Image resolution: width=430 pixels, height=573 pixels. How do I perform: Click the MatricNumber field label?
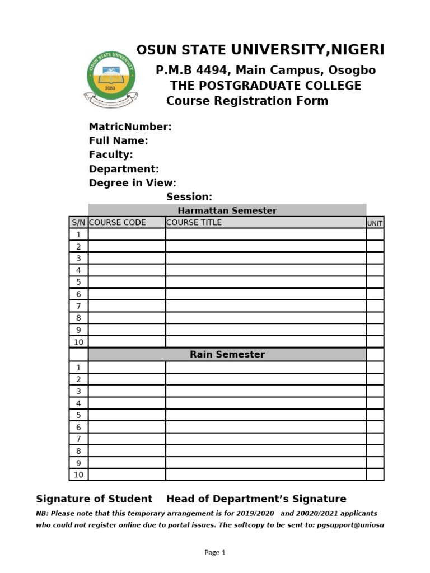pos(130,127)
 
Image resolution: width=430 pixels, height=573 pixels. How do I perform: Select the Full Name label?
pos(118,141)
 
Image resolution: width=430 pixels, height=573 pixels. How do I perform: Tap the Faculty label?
pos(111,154)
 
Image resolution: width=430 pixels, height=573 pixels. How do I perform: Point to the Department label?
pos(124,169)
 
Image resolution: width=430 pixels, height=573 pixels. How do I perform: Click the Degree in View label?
pos(132,183)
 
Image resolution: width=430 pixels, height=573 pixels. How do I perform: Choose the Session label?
pos(189,197)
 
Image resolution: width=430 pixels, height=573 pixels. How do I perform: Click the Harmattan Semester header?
pos(227,210)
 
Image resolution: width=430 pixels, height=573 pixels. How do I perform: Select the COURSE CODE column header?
pos(118,222)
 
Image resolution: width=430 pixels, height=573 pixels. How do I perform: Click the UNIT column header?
pos(375,223)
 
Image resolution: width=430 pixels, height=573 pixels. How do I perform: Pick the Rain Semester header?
pos(227,354)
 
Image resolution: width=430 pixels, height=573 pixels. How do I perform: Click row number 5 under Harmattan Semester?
pos(78,282)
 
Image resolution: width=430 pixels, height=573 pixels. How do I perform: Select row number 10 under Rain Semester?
pos(78,475)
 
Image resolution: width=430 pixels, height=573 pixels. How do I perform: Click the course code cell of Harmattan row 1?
pos(127,234)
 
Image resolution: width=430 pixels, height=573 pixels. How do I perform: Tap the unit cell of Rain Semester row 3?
pos(375,391)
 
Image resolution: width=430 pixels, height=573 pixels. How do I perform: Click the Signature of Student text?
pos(94,499)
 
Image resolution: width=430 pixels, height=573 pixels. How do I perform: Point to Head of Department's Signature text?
pos(256,499)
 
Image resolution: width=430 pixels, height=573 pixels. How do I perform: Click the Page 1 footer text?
pos(215,552)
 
